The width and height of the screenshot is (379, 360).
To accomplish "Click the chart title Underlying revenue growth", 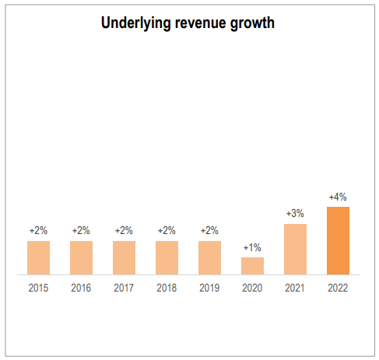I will (188, 23).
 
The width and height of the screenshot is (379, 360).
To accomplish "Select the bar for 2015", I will (38, 257).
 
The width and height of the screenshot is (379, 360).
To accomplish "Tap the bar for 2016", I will (81, 257).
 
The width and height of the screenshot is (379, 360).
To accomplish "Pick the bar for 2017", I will (124, 257).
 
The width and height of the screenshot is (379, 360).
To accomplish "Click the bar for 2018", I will (167, 257).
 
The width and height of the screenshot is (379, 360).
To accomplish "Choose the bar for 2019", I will (209, 257).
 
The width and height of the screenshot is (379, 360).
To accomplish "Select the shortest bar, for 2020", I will (252, 266).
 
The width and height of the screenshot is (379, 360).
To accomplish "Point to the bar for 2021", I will (295, 249).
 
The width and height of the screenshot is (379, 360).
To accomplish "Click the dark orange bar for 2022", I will (338, 240).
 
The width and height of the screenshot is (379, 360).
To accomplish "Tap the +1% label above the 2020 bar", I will (252, 248).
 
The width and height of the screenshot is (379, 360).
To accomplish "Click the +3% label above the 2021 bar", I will (295, 214).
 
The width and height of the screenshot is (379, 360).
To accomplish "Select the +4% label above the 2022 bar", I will (338, 197).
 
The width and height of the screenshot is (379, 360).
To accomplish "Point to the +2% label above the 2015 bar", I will (38, 231).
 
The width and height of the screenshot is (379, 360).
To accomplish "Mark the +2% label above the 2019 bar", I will (209, 231).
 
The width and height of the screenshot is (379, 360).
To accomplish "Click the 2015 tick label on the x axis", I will (38, 288).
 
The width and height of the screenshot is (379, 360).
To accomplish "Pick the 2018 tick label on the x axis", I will (167, 288).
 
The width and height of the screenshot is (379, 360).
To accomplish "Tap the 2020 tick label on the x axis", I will (252, 288).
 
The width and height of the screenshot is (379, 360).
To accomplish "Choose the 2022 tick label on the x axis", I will (338, 288).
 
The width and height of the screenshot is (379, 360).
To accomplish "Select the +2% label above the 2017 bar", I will (124, 231).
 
